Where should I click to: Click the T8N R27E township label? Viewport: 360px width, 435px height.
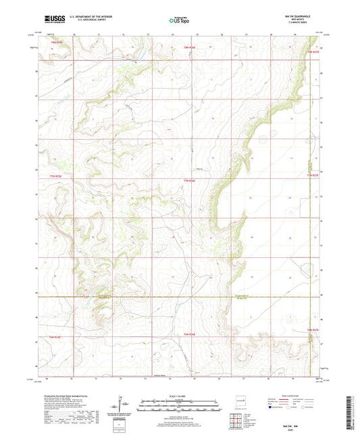click(x=312, y=51)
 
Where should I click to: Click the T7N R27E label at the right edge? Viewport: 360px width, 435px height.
click(x=312, y=176)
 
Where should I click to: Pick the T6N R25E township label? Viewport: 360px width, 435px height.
click(x=54, y=336)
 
